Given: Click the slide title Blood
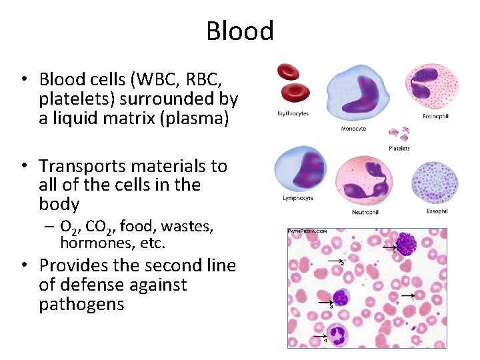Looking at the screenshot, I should click(x=240, y=31).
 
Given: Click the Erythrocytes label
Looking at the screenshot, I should click(x=293, y=113).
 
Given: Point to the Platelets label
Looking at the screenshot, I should click(x=399, y=148).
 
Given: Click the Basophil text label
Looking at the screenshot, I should click(x=437, y=211).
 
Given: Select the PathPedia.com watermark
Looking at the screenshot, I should click(x=307, y=231).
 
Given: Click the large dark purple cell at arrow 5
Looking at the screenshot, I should click(x=407, y=245).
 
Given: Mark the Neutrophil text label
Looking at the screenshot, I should click(x=365, y=212).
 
